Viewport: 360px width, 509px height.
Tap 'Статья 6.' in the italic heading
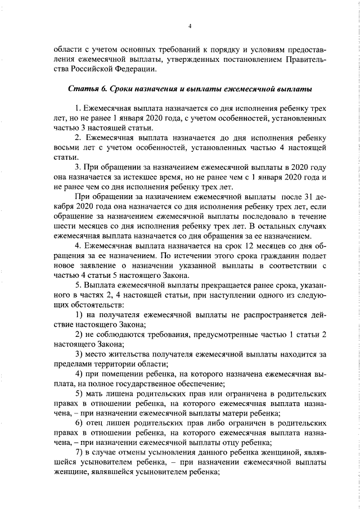click(87, 89)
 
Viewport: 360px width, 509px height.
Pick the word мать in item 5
click(96, 393)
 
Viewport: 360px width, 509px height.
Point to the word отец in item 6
click(96, 424)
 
